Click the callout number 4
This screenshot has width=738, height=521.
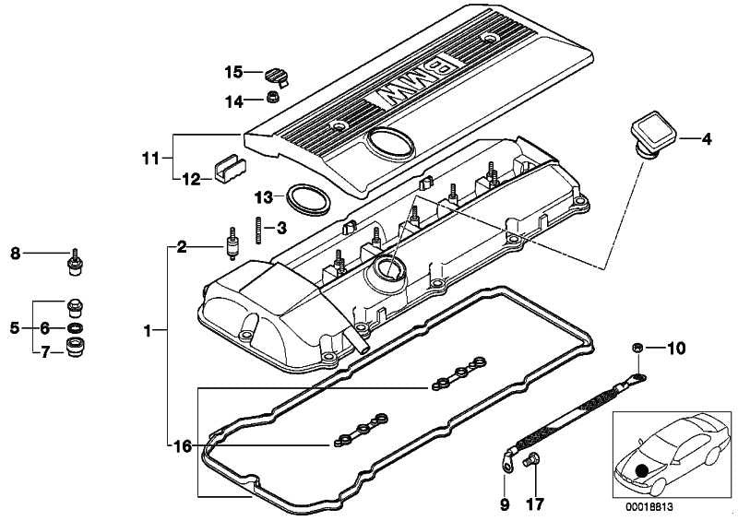click(x=706, y=139)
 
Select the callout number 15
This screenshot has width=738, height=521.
click(x=233, y=73)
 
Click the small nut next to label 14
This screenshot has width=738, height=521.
click(x=273, y=98)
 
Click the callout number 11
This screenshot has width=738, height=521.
click(x=151, y=159)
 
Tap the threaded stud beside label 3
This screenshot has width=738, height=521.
click(x=259, y=231)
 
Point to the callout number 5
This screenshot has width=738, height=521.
click(x=15, y=327)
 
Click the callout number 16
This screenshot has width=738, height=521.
click(x=183, y=445)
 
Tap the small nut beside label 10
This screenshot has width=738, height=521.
click(x=637, y=349)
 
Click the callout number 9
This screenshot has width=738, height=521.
click(x=504, y=505)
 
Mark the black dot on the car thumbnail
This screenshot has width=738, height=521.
click(x=640, y=471)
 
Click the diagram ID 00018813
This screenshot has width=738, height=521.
click(x=649, y=507)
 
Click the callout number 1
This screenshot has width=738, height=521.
click(x=148, y=331)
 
